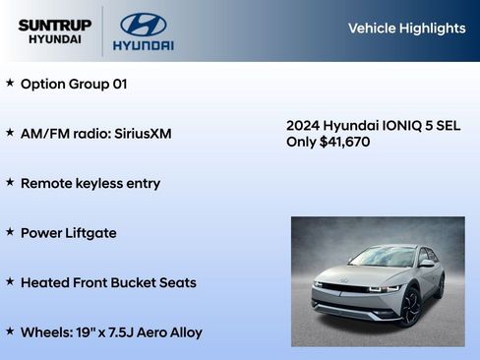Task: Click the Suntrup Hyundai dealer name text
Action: coord(54,31)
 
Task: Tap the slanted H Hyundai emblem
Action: coord(143,24)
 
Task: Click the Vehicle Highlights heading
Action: coord(406,29)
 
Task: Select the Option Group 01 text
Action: coord(74,84)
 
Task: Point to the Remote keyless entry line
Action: coord(90,184)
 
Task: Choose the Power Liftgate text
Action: coord(68,233)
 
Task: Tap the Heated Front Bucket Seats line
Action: coord(108,283)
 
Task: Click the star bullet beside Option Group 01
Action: coord(10,83)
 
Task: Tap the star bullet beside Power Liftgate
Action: coord(10,232)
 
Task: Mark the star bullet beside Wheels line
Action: coord(10,331)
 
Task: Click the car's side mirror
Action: coord(426,264)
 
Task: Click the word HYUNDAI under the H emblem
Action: coord(143,45)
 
